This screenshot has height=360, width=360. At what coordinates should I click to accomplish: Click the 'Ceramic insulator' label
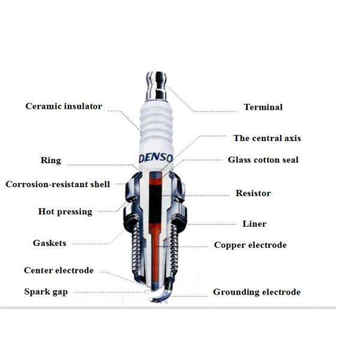(64, 106)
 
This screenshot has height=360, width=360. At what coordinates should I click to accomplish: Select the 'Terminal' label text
(263, 107)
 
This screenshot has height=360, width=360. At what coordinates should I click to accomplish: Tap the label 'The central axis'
(267, 138)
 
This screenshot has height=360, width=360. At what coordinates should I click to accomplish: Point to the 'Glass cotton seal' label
(263, 160)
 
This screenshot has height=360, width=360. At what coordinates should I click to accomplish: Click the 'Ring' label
(51, 160)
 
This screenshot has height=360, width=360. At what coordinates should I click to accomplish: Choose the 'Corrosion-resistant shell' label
(58, 184)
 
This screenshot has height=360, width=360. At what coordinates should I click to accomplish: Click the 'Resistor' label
(253, 193)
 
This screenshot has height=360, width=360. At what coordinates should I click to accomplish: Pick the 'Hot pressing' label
(65, 212)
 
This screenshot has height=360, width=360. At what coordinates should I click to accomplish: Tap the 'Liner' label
(254, 224)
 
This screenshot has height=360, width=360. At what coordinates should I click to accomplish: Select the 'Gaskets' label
(49, 243)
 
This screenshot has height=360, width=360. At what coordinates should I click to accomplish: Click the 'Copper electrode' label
(250, 245)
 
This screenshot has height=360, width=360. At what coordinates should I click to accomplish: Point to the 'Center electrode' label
(59, 270)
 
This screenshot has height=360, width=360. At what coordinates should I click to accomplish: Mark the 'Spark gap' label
(46, 292)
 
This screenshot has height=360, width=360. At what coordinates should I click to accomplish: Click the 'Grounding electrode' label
(257, 292)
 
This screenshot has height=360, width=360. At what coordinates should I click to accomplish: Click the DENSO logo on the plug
(156, 158)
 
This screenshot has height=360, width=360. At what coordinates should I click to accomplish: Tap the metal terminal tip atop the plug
(157, 86)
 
